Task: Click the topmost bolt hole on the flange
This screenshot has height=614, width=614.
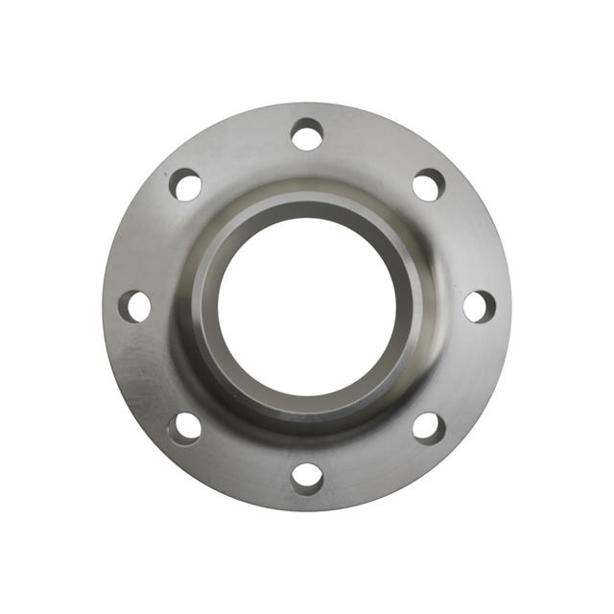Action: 307,134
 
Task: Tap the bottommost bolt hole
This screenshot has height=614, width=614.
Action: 307,477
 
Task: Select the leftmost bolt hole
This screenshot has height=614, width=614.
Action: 135,306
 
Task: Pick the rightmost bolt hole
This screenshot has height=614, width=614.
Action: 479,306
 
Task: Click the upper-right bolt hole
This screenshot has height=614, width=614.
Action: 429,184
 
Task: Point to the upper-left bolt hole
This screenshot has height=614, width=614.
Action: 186,184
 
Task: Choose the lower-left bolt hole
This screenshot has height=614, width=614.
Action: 185,427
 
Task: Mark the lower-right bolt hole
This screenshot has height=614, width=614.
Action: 429,427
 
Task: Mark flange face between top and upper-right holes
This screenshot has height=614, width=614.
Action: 373,148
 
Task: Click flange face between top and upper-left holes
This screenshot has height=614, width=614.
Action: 241,148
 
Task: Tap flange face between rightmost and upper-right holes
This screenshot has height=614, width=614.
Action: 466,240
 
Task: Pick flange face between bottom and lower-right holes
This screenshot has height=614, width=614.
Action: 373,464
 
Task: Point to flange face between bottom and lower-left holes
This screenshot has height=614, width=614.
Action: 241,464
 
